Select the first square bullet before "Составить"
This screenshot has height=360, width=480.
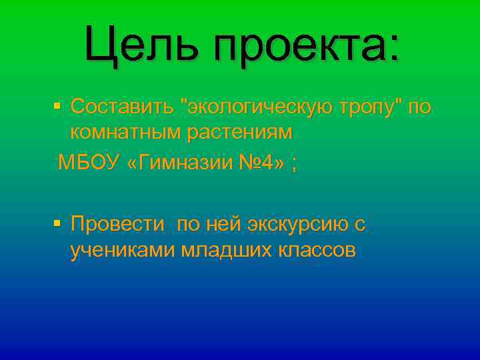click(57, 105)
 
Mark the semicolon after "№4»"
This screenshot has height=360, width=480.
click(294, 164)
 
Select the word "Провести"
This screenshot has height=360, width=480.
click(117, 224)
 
